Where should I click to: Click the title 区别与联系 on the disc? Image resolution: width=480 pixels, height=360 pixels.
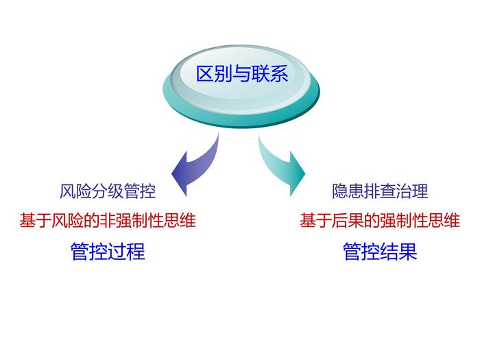click(x=242, y=74)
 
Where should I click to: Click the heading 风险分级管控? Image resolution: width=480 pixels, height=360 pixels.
click(x=108, y=191)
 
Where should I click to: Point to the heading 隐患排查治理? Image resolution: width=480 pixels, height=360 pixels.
click(x=380, y=191)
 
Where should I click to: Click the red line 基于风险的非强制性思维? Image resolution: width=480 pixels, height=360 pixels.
click(x=108, y=220)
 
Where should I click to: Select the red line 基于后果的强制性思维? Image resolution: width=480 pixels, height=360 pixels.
click(x=380, y=220)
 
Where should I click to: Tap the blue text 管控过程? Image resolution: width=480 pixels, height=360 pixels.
click(x=108, y=251)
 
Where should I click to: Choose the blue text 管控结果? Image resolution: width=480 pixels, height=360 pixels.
click(x=380, y=251)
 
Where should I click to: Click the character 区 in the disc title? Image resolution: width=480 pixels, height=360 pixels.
click(x=205, y=74)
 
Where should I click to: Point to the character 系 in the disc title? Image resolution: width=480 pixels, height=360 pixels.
click(x=279, y=74)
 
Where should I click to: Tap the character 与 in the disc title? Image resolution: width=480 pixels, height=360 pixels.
click(x=242, y=74)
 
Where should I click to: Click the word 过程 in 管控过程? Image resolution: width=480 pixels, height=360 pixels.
click(x=126, y=251)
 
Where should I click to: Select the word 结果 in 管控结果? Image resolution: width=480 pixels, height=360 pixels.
click(x=398, y=251)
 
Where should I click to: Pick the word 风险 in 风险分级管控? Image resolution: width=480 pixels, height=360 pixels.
click(x=75, y=191)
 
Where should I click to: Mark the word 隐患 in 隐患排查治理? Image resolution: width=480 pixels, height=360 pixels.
click(x=348, y=191)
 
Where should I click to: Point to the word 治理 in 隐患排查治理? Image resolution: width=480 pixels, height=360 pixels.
click(x=412, y=191)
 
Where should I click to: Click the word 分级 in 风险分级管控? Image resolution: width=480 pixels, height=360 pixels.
click(x=108, y=191)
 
